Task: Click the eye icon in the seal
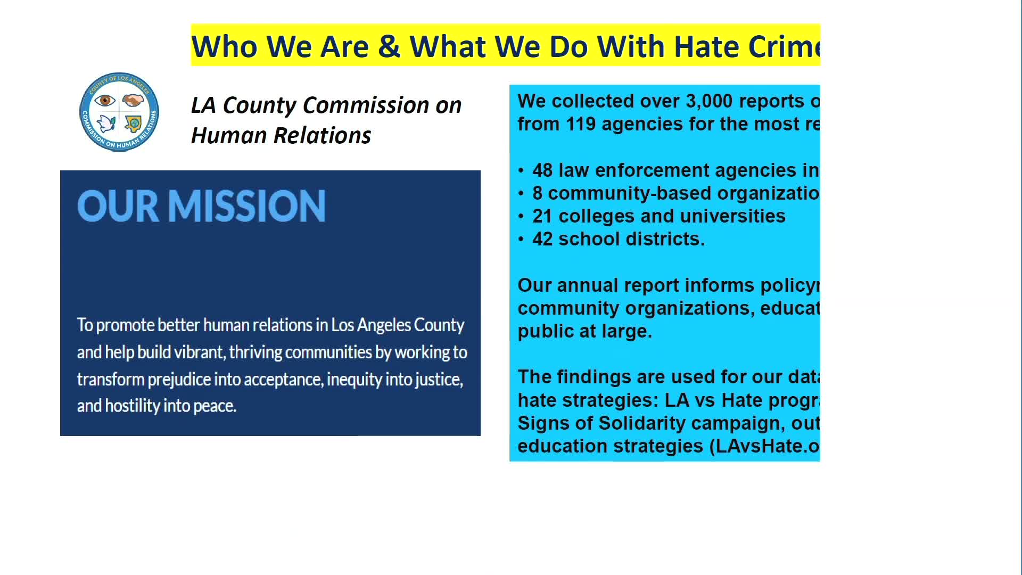tap(105, 100)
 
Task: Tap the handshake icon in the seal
tap(133, 100)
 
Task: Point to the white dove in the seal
tap(106, 124)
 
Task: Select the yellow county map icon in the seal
tap(133, 124)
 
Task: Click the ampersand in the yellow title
tap(389, 46)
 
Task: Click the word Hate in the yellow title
tap(706, 46)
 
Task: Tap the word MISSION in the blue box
tap(247, 206)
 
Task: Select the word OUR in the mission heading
tap(118, 206)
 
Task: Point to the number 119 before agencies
tap(580, 124)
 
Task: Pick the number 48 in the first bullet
tap(542, 170)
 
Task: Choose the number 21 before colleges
tap(542, 216)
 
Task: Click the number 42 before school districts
tap(542, 239)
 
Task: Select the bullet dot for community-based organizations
tap(521, 194)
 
